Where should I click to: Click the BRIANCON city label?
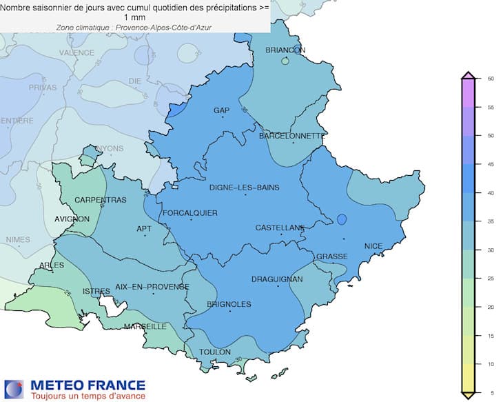285,50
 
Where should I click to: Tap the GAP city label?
221,110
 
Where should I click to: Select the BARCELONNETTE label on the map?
291,136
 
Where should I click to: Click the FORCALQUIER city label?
189,213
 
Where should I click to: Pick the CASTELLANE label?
280,228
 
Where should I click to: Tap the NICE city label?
373,246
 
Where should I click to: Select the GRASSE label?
331,257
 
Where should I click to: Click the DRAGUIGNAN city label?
277,279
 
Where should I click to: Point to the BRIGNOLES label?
229,304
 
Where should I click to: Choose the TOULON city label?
214,352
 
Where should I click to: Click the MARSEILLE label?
145,326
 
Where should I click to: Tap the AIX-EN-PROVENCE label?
152,286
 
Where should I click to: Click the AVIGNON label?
72,219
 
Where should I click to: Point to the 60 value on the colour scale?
491,79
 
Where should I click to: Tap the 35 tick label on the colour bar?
491,221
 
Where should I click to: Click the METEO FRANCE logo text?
85,385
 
